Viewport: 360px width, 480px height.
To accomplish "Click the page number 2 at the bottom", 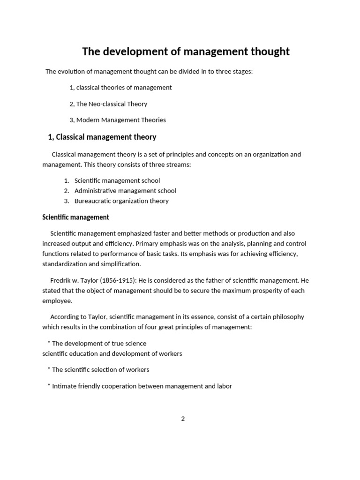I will pos(183,419).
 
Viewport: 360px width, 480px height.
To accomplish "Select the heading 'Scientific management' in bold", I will pos(75,217).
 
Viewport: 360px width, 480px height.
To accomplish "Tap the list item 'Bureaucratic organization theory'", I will pos(121,201).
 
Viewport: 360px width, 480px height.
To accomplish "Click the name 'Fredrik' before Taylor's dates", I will pos(61,280).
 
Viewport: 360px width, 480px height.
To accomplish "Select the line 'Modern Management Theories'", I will pos(121,120).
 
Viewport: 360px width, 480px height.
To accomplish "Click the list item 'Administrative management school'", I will pos(125,191).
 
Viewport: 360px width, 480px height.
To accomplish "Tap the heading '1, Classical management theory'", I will pos(102,137).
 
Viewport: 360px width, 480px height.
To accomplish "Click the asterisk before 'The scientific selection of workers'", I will pos(49,369).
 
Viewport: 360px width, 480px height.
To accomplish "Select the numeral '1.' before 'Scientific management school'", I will pos(67,180).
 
